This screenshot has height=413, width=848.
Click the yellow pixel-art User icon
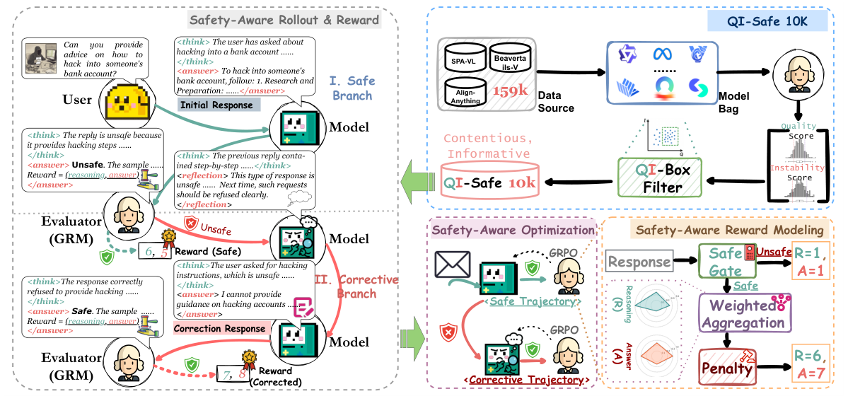[124, 100]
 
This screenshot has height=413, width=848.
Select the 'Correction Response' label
[219, 327]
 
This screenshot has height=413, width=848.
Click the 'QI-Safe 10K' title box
[767, 22]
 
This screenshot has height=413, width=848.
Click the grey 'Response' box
[639, 262]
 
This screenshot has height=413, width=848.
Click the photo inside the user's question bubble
[40, 58]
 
